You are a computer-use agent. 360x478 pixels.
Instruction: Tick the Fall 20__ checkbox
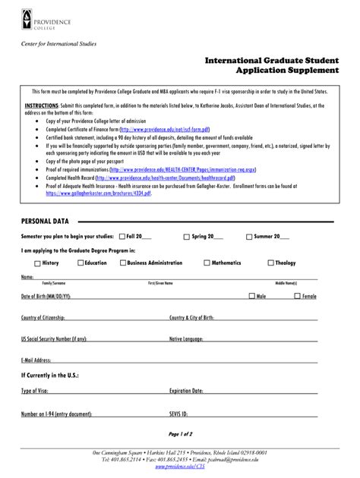click(x=122, y=236)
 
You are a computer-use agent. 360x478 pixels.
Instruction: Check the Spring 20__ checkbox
click(x=187, y=236)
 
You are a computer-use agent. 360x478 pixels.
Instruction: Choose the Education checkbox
click(x=81, y=263)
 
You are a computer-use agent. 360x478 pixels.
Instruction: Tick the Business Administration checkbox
click(x=122, y=263)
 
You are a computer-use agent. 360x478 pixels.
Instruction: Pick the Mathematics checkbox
click(x=207, y=263)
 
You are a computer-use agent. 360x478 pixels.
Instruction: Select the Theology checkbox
click(x=270, y=263)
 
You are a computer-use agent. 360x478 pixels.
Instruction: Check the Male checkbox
click(x=252, y=296)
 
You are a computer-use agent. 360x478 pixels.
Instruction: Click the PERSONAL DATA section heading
click(x=45, y=221)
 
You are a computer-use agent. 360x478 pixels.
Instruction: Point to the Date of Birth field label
click(x=46, y=296)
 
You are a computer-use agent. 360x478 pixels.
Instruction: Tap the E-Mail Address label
click(x=36, y=360)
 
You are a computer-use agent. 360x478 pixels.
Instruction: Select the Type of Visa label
click(x=34, y=391)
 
